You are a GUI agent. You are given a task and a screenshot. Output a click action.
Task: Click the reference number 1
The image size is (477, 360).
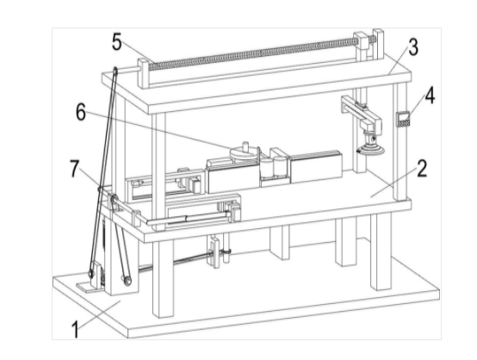tap(76, 330)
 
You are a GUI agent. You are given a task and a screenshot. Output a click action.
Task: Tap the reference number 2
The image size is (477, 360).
tap(422, 168)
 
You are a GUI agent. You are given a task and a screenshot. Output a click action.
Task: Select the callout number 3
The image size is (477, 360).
tap(413, 47)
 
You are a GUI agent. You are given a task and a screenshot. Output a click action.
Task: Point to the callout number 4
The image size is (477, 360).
tap(430, 96)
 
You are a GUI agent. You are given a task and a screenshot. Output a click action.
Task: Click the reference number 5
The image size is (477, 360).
tap(117, 41)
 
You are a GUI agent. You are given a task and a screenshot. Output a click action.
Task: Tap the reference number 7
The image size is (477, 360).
tap(75, 168)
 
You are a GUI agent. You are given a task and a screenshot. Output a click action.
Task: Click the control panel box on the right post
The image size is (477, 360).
tap(403, 119)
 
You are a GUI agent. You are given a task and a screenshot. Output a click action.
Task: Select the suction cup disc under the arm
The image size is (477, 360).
tap(371, 150)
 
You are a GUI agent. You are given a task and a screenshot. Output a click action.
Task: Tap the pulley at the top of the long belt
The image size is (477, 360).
tap(115, 71)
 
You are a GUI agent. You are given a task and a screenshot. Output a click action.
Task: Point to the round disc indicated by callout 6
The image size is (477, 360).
tap(244, 152)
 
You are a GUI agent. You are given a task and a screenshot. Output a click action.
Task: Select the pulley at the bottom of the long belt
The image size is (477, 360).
tap(90, 274)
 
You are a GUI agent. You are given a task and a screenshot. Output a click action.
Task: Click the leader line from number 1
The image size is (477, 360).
tap(100, 314)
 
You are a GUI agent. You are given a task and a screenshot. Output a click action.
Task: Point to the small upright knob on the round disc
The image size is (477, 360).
tap(245, 146)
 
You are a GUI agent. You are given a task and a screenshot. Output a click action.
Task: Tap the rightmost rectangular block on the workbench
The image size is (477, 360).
tap(316, 167)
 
